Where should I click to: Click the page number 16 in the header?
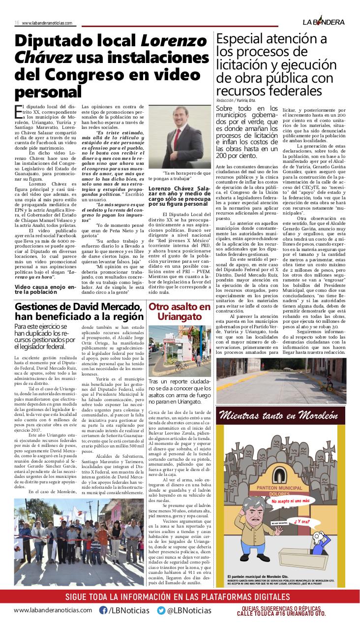pos(16,23)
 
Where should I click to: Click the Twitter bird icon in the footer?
pos(161,610)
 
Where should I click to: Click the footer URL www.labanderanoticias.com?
pos(53,610)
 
